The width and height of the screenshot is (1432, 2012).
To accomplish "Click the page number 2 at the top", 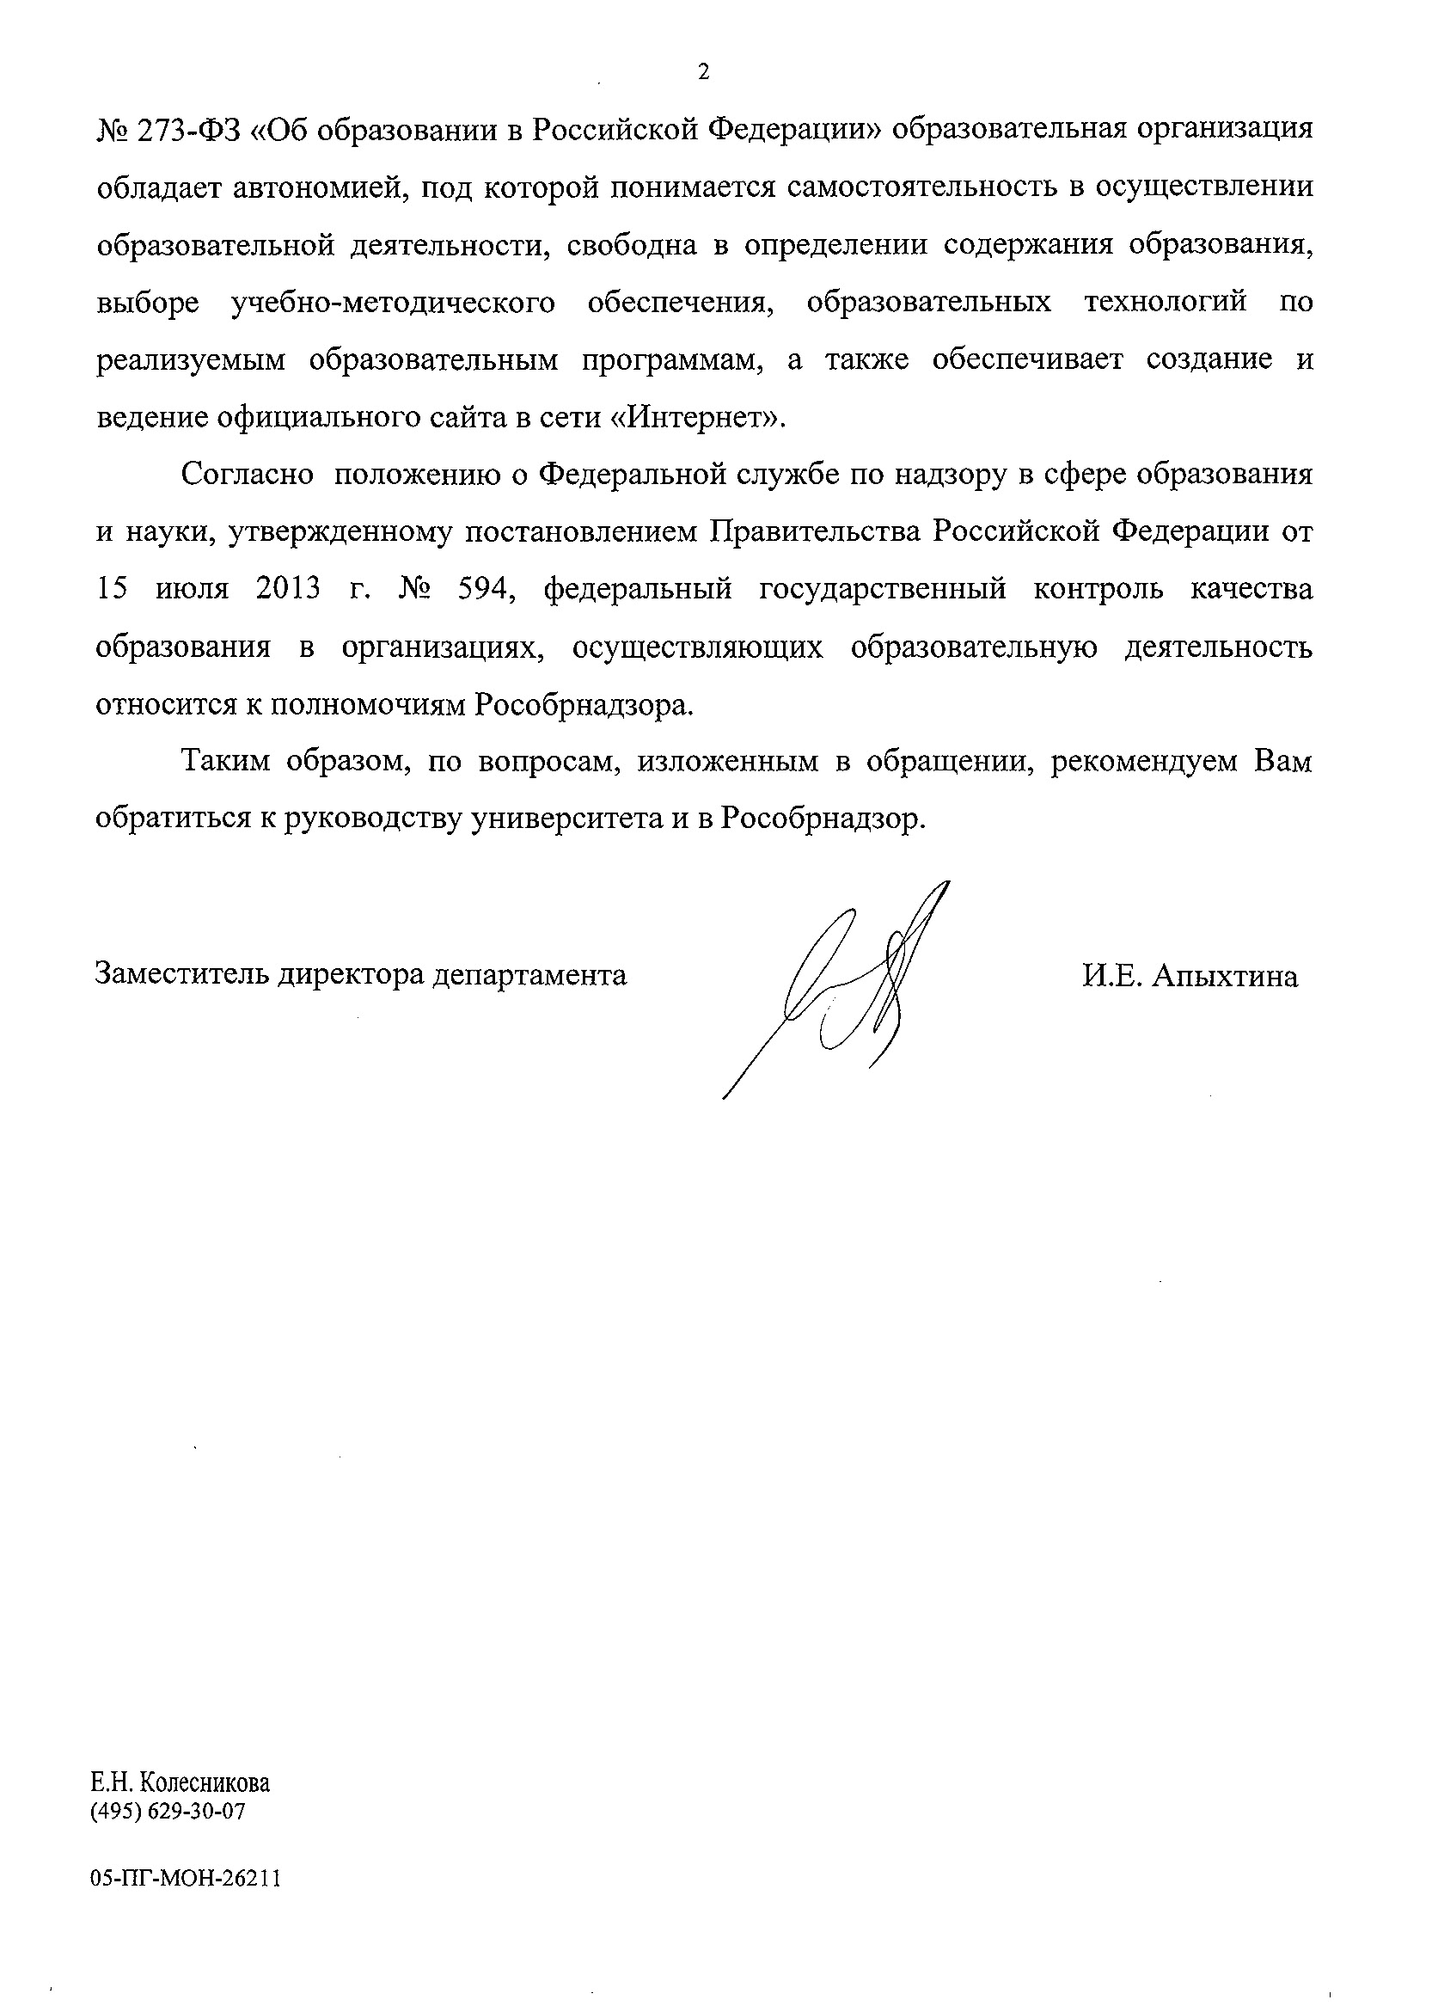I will [x=703, y=72].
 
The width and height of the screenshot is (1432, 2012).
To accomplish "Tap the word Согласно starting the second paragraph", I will [x=247, y=475].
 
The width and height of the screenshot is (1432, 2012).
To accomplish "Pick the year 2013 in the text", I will [x=288, y=589].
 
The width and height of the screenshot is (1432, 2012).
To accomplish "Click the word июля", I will [x=192, y=589].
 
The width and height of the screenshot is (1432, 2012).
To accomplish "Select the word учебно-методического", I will [x=394, y=303].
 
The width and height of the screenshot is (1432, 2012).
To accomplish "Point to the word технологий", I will [x=1165, y=303].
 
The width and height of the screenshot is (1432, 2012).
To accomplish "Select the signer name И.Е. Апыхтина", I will [x=1190, y=977].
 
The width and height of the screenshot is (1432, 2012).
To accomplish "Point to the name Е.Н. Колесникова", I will [x=181, y=1782].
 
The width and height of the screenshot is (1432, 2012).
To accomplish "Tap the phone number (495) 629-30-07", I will [x=168, y=1812].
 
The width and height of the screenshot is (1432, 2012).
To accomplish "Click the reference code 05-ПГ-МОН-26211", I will [x=185, y=1878].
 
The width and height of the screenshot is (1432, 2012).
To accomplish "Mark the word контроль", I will [x=1098, y=589].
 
